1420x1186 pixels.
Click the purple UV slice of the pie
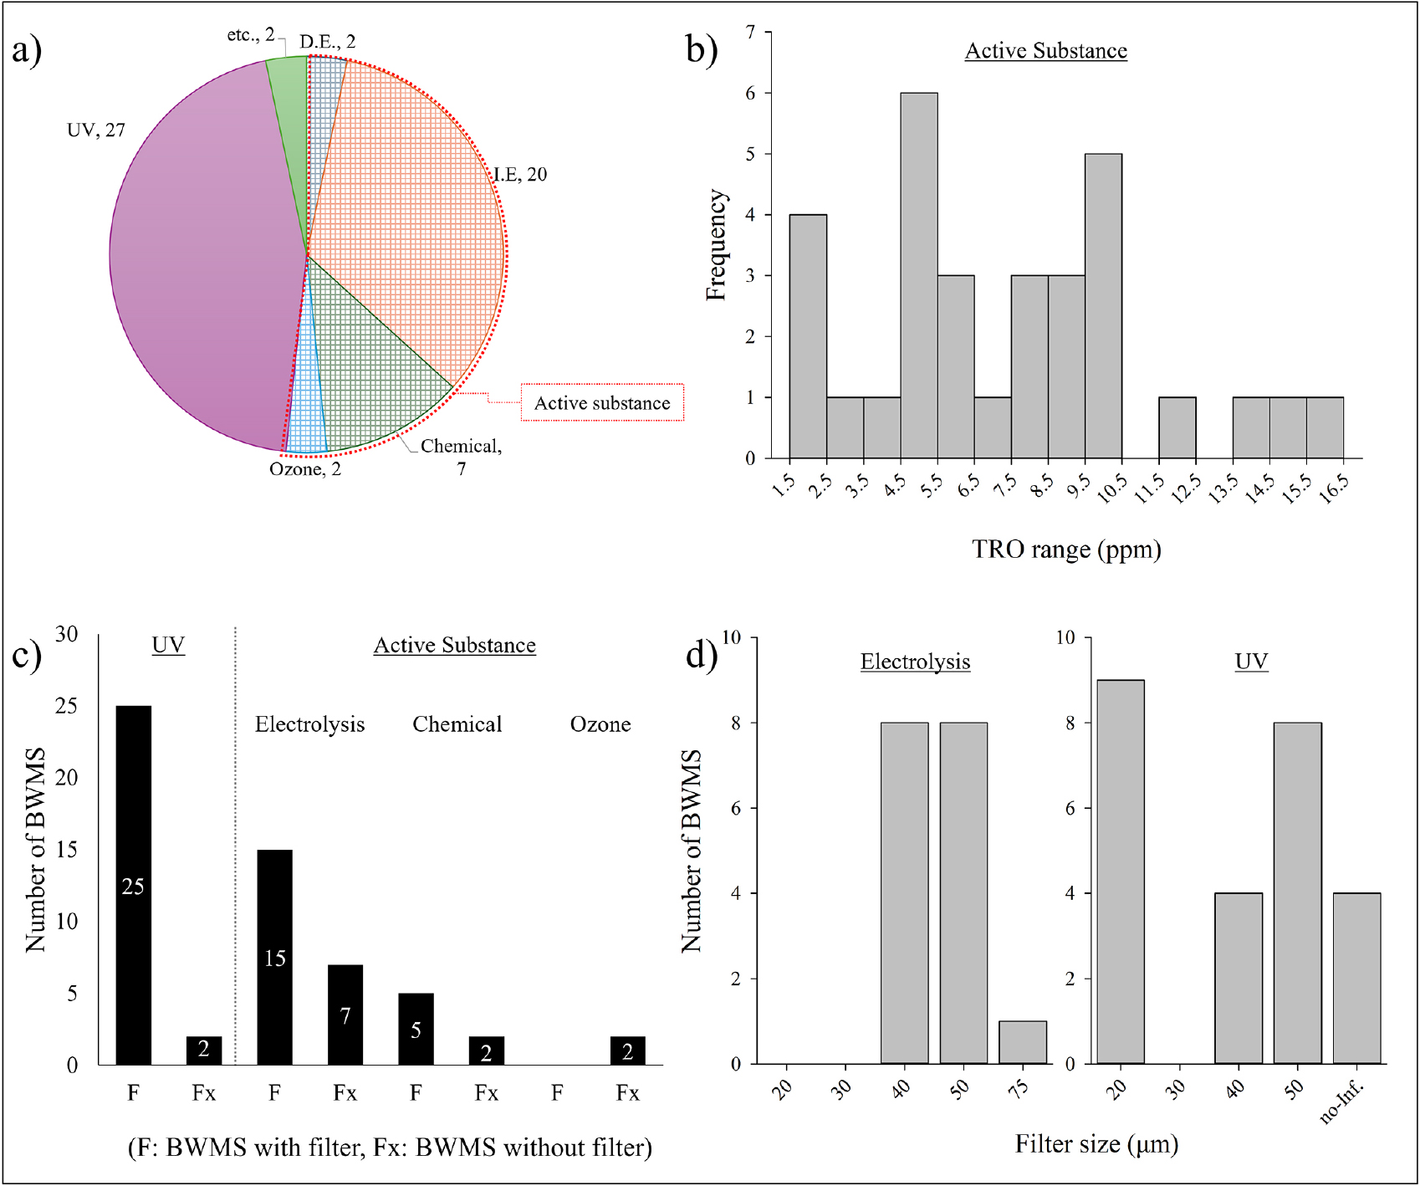[201, 259]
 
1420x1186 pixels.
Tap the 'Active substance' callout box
[602, 403]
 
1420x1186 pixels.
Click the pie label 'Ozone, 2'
[305, 469]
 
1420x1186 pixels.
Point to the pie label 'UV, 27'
[96, 130]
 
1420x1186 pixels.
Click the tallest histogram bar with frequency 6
[918, 276]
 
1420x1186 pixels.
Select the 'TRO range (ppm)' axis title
[1066, 550]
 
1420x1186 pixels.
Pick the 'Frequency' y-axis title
[717, 245]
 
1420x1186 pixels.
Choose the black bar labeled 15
[275, 957]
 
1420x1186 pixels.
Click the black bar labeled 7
[345, 1015]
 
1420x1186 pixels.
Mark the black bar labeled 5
[416, 1029]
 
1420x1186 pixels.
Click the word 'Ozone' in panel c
[600, 724]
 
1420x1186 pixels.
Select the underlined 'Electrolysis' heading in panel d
[915, 662]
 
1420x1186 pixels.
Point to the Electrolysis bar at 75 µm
[1023, 1042]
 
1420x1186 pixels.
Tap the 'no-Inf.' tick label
[1342, 1103]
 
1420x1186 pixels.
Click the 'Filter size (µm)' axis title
[1096, 1144]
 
